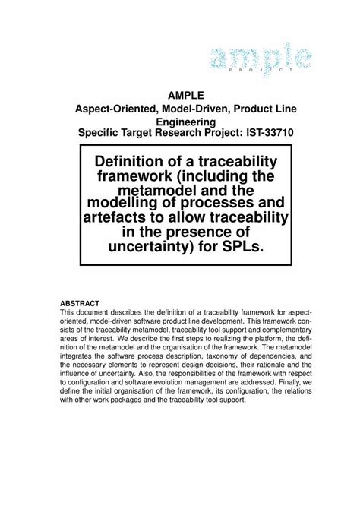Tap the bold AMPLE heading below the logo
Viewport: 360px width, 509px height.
[186, 95]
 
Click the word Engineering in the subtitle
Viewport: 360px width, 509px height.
[186, 121]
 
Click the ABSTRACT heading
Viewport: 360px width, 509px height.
[80, 302]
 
